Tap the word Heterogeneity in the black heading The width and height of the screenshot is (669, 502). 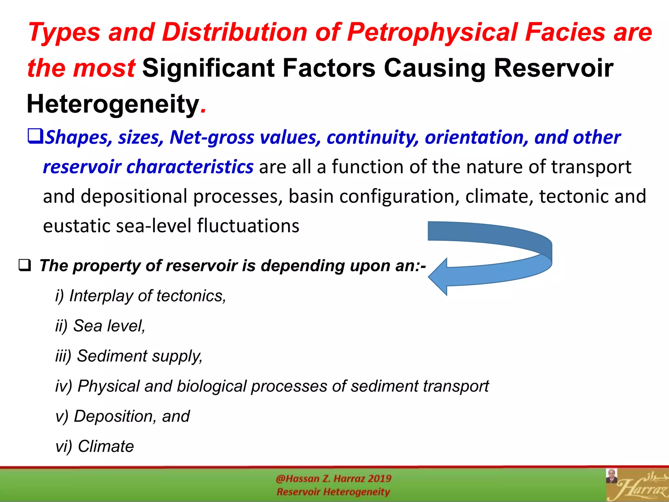113,104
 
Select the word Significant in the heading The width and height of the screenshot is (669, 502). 208,68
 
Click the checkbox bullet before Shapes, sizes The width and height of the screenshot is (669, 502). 35,136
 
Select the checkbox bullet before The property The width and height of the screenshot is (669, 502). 25,265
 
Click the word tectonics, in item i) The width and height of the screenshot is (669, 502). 191,296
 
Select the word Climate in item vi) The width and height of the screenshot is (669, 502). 106,446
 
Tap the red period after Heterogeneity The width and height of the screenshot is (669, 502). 204,111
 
